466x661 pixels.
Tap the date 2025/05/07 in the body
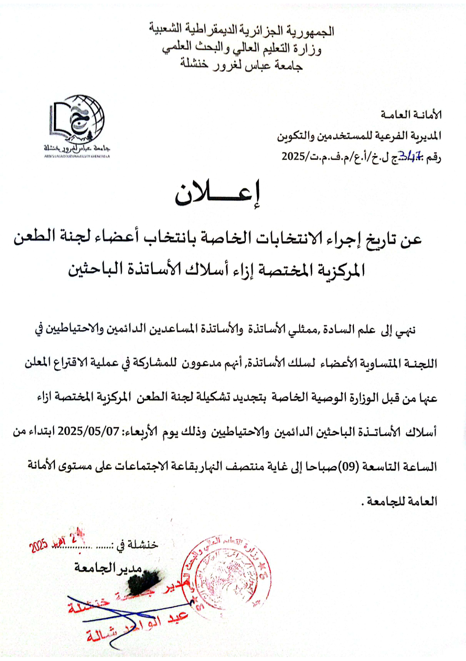(89, 431)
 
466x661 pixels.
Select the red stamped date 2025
(39, 546)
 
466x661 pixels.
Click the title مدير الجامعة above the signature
(108, 567)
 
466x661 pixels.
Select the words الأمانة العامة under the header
(411, 115)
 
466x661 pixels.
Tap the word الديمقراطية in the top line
(211, 30)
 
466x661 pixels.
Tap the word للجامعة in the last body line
(381, 501)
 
